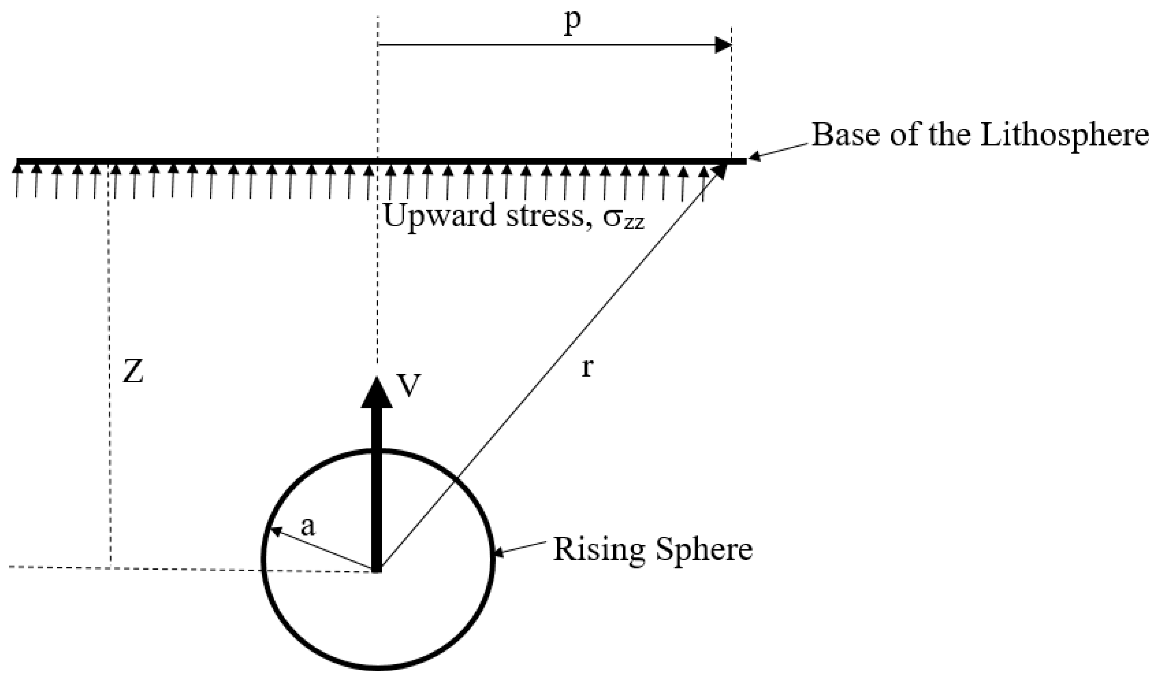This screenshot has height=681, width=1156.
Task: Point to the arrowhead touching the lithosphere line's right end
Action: point(755,157)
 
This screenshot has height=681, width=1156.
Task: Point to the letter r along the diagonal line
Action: point(587,368)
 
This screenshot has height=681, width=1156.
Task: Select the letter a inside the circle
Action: point(308,528)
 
